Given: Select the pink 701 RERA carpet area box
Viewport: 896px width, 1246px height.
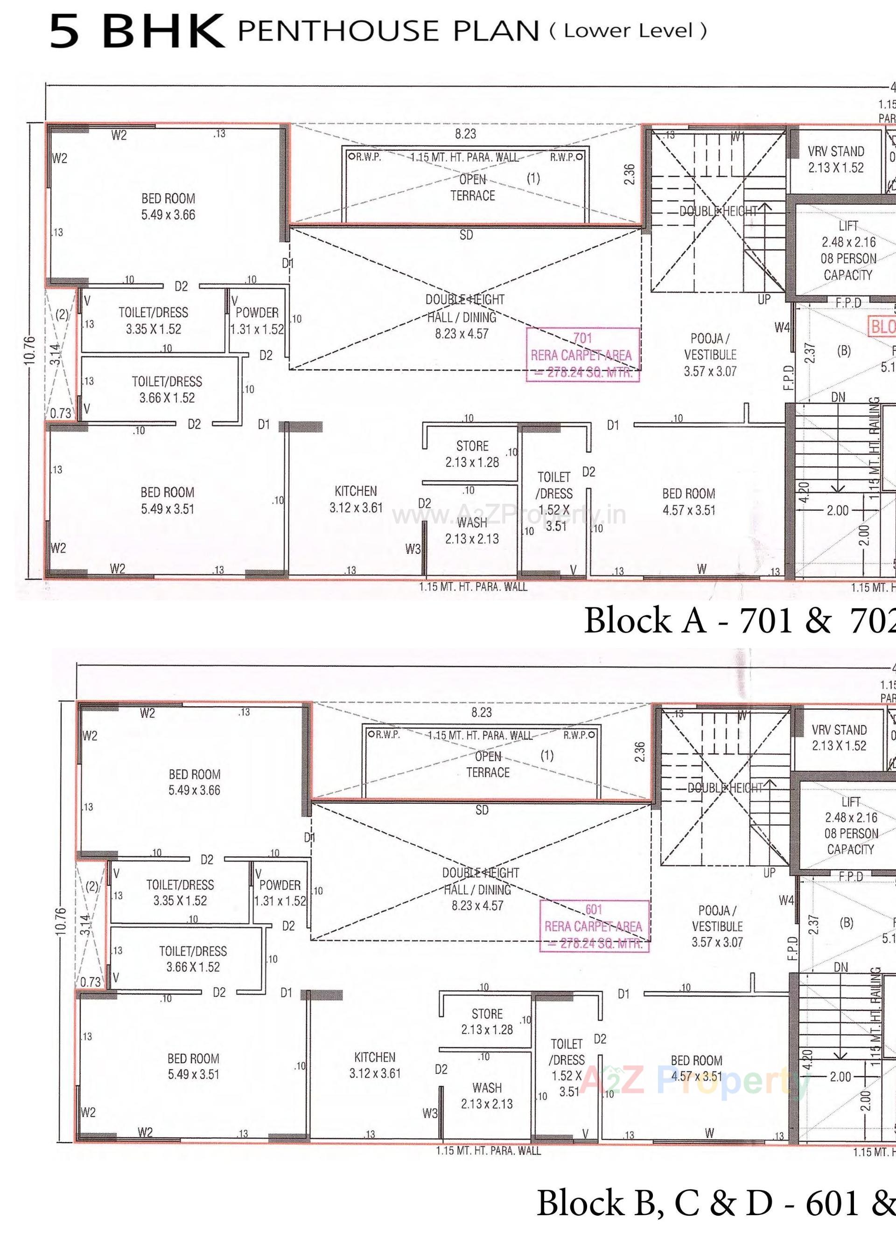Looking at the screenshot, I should coord(583,355).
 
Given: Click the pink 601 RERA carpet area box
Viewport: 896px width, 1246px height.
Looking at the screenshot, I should coord(594,926).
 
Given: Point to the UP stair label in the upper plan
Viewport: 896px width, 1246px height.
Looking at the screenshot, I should coord(764,299).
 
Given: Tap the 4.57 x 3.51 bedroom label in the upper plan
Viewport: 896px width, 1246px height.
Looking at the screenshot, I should coord(689,501).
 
